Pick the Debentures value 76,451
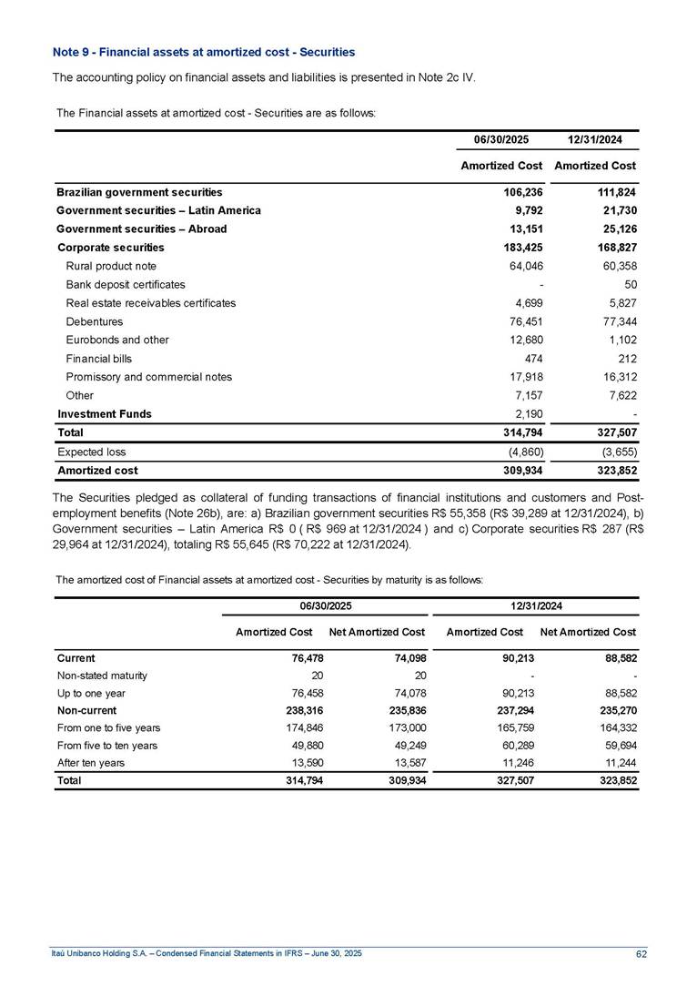[523, 321]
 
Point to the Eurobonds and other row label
[117, 340]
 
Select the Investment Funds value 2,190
[527, 413]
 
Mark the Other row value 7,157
[527, 395]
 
